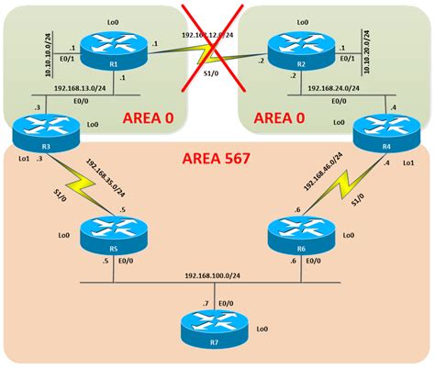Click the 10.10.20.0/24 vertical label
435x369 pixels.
point(355,50)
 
